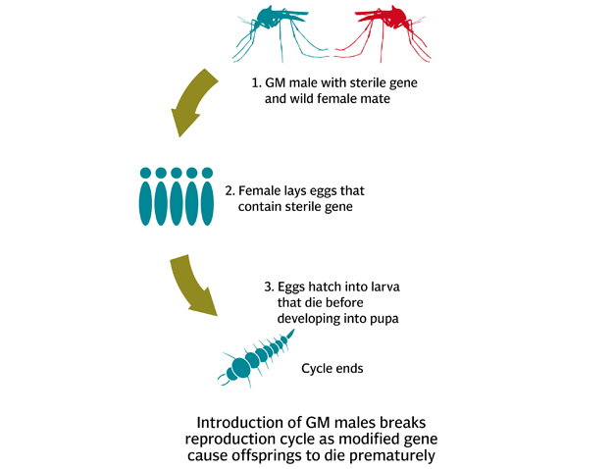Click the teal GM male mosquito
(x=270, y=25)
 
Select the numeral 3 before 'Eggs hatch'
(x=268, y=287)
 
